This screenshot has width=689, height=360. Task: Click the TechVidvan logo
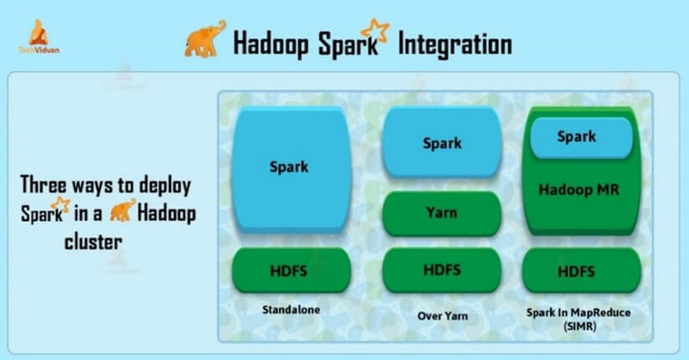pos(39,37)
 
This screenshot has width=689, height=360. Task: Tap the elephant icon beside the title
pos(205,39)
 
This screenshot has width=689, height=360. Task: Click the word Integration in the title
pos(455,44)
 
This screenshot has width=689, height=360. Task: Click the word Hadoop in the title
pos(270,44)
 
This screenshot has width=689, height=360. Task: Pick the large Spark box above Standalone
pos(291,169)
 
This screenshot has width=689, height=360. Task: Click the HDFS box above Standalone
pos(291,270)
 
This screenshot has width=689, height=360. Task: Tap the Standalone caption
pos(291,310)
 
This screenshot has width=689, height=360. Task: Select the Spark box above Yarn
pos(442,142)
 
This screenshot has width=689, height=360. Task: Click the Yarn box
pos(442,213)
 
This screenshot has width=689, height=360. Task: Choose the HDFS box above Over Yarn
pos(442,270)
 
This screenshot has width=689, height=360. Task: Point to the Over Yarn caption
pos(443,316)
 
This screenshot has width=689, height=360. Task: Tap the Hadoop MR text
pos(578,189)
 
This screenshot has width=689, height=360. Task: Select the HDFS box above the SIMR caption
pos(581,270)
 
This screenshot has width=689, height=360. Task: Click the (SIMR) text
pos(579,327)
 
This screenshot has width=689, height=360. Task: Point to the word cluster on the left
pos(93,242)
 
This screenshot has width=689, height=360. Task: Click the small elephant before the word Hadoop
pos(122,210)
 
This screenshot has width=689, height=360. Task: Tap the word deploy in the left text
pos(165,186)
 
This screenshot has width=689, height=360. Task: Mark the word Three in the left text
pos(43,184)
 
